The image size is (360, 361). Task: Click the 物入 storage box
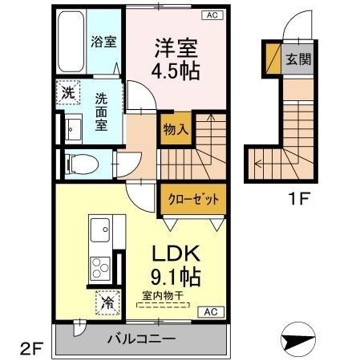(175, 128)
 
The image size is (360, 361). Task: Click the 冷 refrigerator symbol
(107, 302)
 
